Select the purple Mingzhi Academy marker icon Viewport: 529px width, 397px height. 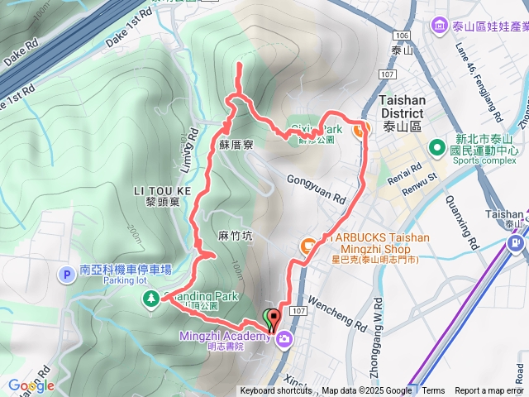coord(284,338)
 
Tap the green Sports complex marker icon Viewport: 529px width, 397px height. coord(436,147)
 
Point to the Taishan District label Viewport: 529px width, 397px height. coord(402,100)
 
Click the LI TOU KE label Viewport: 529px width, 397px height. coord(162,190)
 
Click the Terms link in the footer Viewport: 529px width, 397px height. coord(433,391)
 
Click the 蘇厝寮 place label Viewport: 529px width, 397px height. coord(236,143)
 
